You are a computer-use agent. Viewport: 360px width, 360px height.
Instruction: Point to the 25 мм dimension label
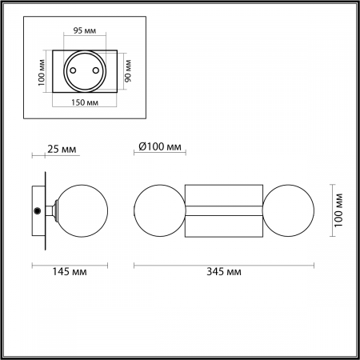click(62, 149)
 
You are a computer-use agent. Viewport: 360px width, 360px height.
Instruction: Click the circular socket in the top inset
click(86, 72)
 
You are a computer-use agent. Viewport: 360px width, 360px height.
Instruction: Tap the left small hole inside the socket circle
click(74, 69)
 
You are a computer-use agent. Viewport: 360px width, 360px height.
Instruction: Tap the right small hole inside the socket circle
click(96, 69)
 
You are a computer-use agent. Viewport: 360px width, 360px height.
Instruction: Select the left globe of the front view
click(159, 210)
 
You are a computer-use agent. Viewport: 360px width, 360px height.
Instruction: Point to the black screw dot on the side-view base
click(37, 210)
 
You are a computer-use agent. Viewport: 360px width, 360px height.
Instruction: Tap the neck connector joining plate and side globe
click(53, 210)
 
